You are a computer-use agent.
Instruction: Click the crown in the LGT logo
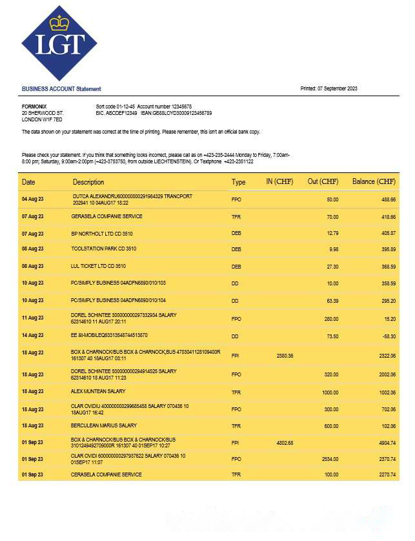(x=59, y=23)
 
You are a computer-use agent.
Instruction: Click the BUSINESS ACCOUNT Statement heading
(x=61, y=89)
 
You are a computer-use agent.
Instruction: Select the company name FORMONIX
(x=34, y=106)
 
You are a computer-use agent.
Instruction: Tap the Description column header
(x=88, y=182)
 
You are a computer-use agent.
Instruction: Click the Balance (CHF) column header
(x=374, y=182)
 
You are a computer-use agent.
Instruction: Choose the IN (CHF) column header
(x=279, y=182)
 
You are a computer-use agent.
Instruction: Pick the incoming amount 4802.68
(x=285, y=442)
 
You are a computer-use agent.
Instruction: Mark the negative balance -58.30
(x=388, y=336)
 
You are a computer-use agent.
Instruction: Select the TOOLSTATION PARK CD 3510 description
(x=103, y=249)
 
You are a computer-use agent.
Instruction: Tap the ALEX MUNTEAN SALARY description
(x=98, y=391)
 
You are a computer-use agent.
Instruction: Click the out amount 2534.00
(x=329, y=458)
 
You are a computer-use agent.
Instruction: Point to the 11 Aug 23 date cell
(x=33, y=318)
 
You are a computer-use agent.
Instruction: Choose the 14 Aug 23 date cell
(x=33, y=336)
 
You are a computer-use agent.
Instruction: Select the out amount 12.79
(x=332, y=232)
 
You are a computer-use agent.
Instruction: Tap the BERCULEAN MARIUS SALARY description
(x=104, y=425)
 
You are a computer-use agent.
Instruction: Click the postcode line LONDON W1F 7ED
(x=42, y=119)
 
